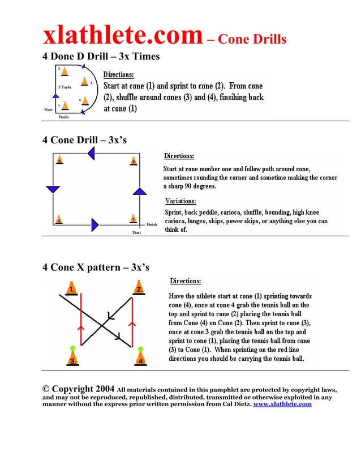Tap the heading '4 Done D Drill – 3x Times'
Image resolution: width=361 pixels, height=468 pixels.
[101, 57]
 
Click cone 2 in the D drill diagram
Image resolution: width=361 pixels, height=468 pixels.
[63, 72]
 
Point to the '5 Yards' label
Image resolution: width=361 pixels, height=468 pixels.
[65, 87]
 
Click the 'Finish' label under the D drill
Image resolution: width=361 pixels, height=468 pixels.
[63, 117]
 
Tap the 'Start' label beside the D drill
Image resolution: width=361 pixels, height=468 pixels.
[49, 109]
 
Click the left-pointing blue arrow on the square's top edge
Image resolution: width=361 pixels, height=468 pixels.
[91, 154]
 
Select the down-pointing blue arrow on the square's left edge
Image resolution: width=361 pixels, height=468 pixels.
[53, 189]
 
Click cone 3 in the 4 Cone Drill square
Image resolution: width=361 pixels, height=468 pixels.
[59, 161]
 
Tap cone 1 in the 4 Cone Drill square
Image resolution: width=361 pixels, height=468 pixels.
[132, 219]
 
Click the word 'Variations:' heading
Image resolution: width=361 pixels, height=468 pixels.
[180, 201]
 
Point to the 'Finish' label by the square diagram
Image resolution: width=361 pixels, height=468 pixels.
[152, 225]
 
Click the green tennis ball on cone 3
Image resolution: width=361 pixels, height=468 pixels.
[72, 348]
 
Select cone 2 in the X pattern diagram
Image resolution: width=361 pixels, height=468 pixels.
[139, 288]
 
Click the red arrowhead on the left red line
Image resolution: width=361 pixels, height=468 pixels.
[81, 327]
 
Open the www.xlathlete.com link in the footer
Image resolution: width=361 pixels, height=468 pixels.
[282, 404]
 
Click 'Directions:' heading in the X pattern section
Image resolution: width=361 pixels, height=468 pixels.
[185, 281]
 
